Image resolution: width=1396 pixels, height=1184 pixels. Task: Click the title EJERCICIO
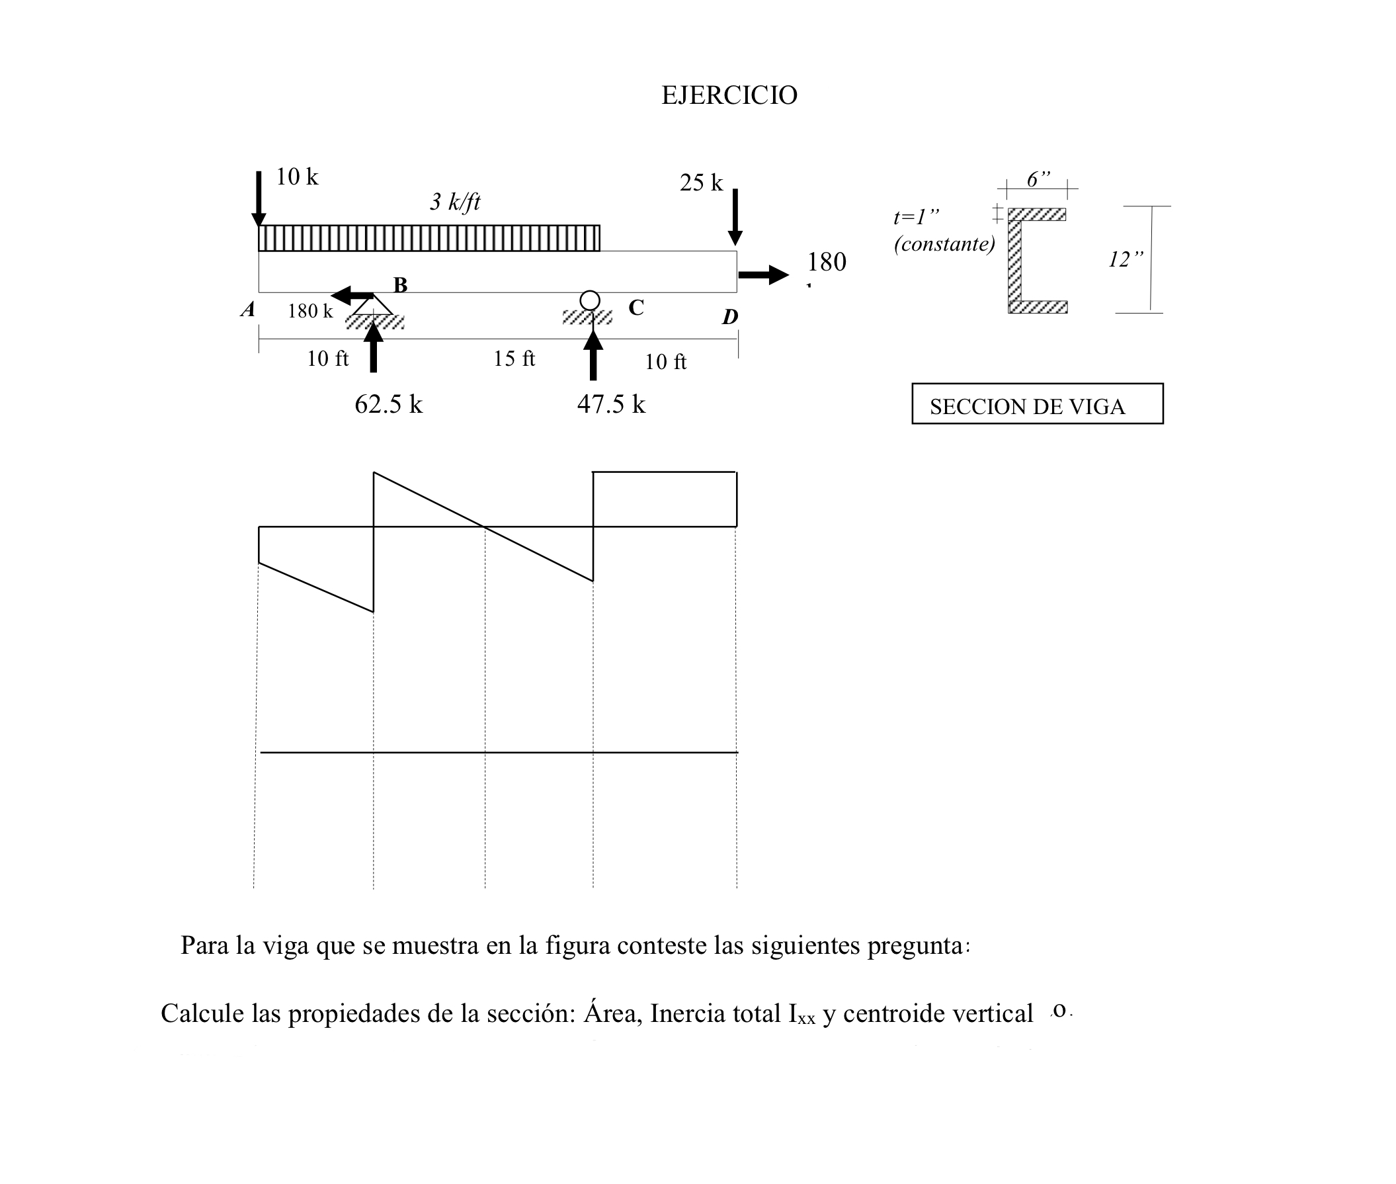point(729,95)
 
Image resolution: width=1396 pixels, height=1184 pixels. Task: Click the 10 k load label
point(297,177)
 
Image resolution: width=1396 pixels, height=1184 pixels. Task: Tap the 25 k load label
point(701,183)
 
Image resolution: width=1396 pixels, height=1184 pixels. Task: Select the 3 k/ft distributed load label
point(455,201)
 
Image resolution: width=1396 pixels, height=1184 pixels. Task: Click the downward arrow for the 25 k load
point(735,217)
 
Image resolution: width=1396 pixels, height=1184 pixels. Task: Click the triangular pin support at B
point(373,306)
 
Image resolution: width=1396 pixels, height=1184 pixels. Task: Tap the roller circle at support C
point(589,300)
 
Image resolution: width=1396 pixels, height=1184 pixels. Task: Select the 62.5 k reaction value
point(389,404)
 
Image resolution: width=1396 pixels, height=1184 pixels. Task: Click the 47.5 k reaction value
point(611,404)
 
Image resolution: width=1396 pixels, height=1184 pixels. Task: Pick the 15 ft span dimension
point(514,359)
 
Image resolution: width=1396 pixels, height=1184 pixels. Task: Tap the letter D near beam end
point(729,317)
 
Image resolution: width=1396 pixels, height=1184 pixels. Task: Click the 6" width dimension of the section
point(1038,179)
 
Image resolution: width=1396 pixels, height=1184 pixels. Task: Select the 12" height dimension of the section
point(1126,259)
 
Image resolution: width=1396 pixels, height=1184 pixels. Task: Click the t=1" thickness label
point(915,217)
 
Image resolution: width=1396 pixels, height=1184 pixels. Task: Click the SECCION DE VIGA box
point(1037,404)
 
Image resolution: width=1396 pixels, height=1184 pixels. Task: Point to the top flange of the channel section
point(1037,215)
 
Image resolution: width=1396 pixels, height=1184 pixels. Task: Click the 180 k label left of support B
point(310,311)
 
